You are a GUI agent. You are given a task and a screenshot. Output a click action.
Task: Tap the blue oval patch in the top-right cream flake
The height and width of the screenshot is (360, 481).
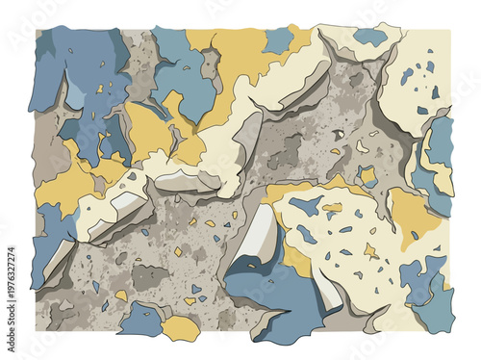[370, 38]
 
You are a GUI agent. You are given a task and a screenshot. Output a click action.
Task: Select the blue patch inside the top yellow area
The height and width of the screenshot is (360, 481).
[277, 39]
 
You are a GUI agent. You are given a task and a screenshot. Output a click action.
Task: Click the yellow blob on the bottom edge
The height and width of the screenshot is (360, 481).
[180, 328]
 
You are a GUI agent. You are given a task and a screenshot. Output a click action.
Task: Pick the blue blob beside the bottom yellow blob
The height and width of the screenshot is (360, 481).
[141, 320]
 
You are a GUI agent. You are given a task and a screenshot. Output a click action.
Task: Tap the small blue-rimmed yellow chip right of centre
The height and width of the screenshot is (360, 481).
[367, 175]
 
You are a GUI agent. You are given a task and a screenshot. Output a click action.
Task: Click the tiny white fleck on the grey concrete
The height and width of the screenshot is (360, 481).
[339, 134]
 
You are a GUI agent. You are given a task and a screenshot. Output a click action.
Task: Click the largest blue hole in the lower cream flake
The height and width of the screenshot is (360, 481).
[306, 204]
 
